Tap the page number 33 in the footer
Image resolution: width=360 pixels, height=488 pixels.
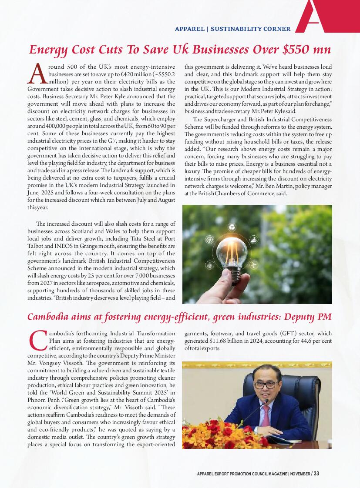pos(316,474)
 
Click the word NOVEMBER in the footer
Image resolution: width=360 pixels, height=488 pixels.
pos(300,474)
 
